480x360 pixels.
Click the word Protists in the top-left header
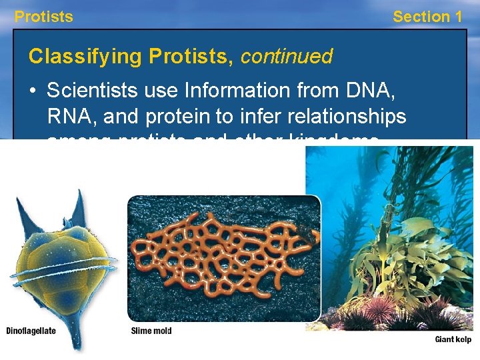click(44, 17)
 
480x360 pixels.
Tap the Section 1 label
click(427, 17)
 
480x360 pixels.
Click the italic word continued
click(287, 57)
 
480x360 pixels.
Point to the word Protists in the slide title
click(191, 57)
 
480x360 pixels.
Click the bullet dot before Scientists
click(34, 90)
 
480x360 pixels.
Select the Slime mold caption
click(151, 331)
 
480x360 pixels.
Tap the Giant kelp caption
click(453, 339)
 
